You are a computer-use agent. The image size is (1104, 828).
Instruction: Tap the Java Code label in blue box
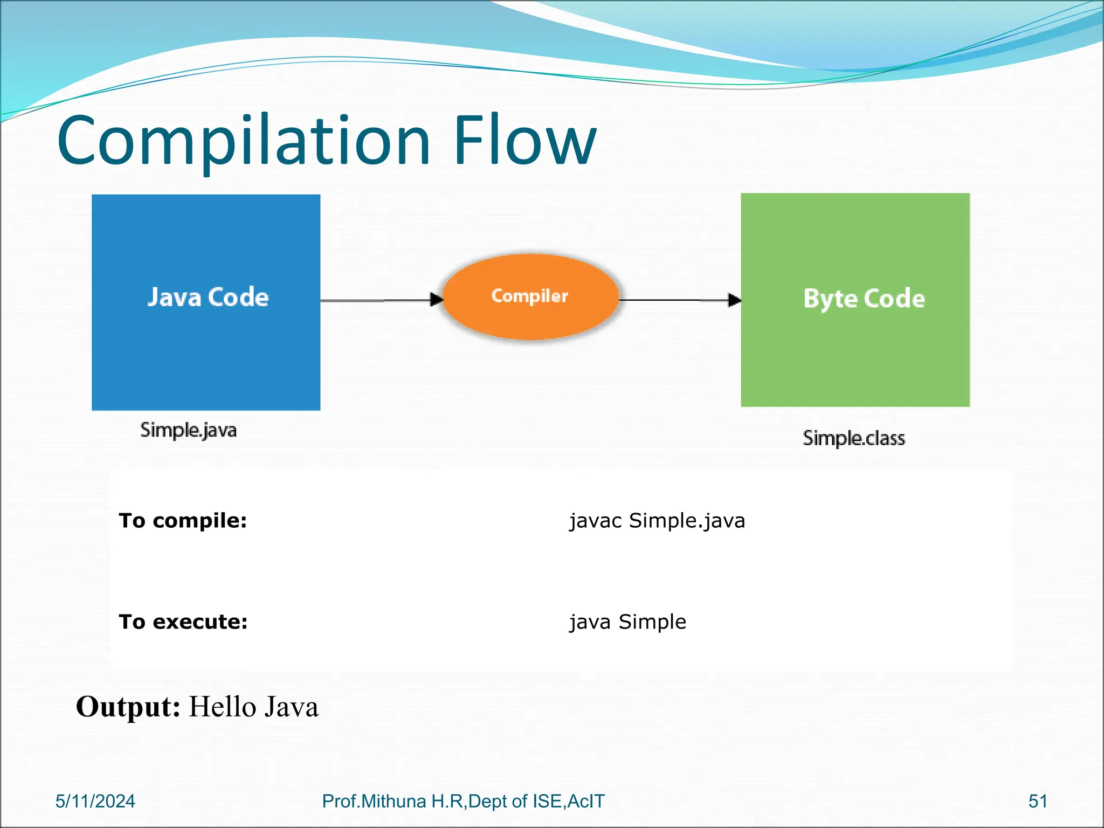(208, 297)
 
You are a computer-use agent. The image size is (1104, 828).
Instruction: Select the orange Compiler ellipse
(530, 297)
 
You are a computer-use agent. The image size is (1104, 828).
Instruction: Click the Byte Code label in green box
(864, 299)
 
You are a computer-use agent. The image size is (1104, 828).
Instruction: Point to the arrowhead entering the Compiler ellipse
(437, 300)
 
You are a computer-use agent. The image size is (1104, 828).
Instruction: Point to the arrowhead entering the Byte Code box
(734, 300)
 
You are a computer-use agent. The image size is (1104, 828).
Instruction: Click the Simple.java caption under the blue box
(188, 430)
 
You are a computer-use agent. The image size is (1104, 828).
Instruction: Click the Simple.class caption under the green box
(853, 438)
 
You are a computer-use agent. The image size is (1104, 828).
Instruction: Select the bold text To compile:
(183, 521)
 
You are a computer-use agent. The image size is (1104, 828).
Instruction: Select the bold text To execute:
(183, 622)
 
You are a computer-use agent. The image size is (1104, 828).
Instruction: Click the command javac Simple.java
(657, 521)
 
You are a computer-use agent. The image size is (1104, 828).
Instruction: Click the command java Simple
(628, 622)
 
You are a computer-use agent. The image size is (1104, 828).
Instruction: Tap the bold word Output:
(128, 707)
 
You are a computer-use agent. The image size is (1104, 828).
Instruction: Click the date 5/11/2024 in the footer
(95, 801)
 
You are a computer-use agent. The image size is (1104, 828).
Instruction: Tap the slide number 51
(1038, 801)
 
